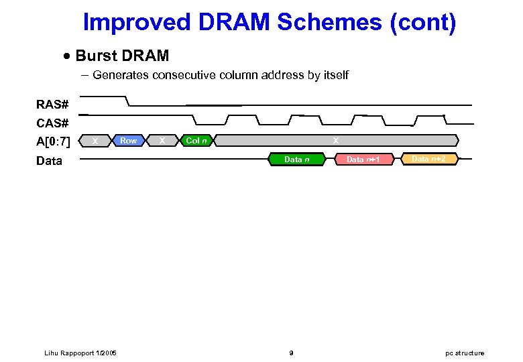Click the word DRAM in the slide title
point(233,22)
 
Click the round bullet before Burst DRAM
point(66,56)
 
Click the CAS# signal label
point(52,123)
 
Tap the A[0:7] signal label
point(53,141)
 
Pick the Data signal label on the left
point(50,161)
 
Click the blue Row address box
point(128,141)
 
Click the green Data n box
point(296,160)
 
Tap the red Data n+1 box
point(363,160)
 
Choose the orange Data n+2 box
point(428,159)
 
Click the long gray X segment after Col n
point(335,141)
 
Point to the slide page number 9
point(290,353)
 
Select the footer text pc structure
point(465,353)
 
